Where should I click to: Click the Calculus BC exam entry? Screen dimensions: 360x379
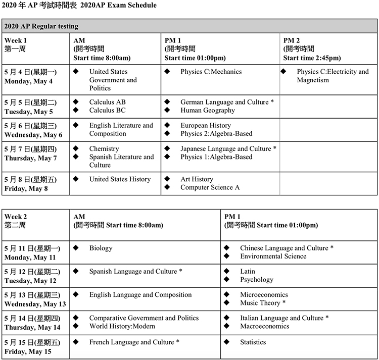[x=107, y=111]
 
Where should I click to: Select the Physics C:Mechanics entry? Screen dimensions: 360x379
[x=211, y=72]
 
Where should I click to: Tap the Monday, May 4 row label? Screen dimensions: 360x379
[x=29, y=81]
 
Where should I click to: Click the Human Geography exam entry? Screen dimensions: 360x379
[x=207, y=111]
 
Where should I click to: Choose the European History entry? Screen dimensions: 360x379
[x=205, y=126]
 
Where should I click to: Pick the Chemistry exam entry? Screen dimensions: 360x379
[x=104, y=149]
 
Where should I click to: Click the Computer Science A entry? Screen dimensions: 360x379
[x=210, y=188]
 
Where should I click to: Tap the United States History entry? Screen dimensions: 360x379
[x=120, y=179]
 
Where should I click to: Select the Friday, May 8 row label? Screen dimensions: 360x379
[x=25, y=189]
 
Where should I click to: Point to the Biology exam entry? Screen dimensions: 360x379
[x=101, y=248]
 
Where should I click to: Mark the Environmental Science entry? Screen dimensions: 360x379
[x=273, y=256]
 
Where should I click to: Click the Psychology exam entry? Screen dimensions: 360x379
[x=256, y=280]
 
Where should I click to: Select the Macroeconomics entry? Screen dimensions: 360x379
[x=264, y=326]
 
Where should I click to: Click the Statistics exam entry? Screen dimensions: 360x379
[x=253, y=342]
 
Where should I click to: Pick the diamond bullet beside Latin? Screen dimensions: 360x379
[x=227, y=272]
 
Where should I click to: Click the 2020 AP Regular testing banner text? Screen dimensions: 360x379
[x=40, y=26]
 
